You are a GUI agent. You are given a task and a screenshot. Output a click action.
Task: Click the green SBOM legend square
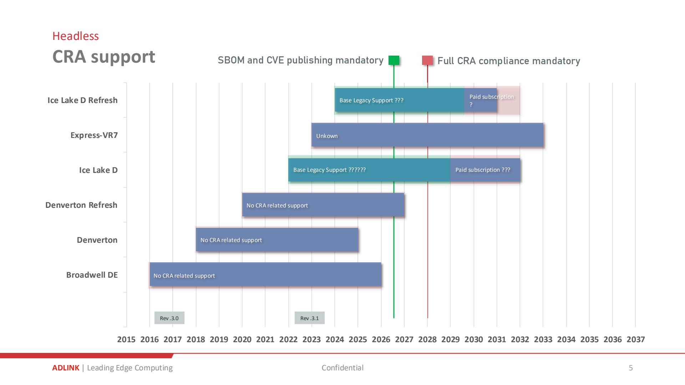[x=394, y=60]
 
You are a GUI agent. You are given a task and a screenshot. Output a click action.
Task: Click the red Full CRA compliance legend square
[x=427, y=60]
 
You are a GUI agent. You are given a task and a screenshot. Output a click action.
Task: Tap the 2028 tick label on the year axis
[x=427, y=339]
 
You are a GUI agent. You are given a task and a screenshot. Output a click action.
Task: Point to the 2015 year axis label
[x=126, y=339]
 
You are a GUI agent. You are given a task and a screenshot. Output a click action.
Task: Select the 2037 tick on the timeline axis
[x=636, y=339]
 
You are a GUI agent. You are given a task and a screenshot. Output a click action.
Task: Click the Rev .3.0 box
[x=169, y=318]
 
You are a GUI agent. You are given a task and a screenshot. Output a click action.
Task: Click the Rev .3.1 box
[x=310, y=318]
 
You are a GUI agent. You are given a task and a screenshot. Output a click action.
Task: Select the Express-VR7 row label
[x=94, y=135]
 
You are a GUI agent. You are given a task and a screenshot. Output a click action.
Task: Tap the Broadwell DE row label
[x=92, y=275]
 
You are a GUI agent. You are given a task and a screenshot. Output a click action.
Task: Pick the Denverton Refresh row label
[x=81, y=205]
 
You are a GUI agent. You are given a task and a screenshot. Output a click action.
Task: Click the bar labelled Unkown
[x=427, y=135]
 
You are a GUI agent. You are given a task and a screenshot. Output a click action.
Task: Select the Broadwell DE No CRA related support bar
[x=265, y=274]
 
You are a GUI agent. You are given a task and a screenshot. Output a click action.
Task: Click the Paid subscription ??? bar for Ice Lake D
[x=485, y=170]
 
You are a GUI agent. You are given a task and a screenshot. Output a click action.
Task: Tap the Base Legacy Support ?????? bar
[x=369, y=170]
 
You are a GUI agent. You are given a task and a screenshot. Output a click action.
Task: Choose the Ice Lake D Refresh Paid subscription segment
[x=481, y=100]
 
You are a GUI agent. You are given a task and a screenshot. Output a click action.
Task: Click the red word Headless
[x=76, y=36]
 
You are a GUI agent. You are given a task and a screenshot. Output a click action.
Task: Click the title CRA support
[x=104, y=57]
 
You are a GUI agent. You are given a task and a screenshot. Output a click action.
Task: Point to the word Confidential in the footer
[x=342, y=368]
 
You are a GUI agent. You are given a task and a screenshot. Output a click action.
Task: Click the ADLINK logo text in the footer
[x=66, y=368]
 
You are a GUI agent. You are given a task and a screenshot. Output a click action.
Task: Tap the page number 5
[x=631, y=368]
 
